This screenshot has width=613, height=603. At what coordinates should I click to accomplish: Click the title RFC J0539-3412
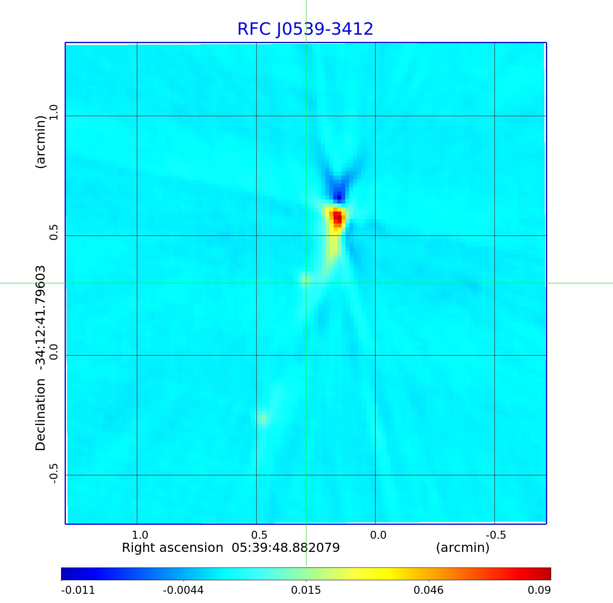click(x=305, y=29)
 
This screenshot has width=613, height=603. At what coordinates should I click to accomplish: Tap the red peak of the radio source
click(x=338, y=217)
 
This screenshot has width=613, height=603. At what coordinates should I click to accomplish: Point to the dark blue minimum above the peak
click(x=339, y=196)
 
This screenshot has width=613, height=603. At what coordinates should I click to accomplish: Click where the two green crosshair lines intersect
click(x=306, y=283)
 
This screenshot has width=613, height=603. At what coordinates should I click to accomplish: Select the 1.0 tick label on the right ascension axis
click(x=140, y=535)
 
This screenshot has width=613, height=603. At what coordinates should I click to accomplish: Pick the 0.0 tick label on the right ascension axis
click(x=378, y=535)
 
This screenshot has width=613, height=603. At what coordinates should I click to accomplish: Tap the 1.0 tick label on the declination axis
click(x=53, y=112)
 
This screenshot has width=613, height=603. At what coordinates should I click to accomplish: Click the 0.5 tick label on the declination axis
click(x=53, y=232)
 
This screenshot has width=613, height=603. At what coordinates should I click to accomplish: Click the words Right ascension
click(x=172, y=548)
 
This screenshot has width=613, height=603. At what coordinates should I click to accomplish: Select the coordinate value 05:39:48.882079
click(x=286, y=548)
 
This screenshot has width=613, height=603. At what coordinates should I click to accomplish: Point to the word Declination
click(x=41, y=415)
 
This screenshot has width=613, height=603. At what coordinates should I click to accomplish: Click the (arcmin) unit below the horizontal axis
click(x=463, y=548)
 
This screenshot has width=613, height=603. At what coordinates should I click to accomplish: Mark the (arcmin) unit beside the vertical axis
click(x=41, y=142)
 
